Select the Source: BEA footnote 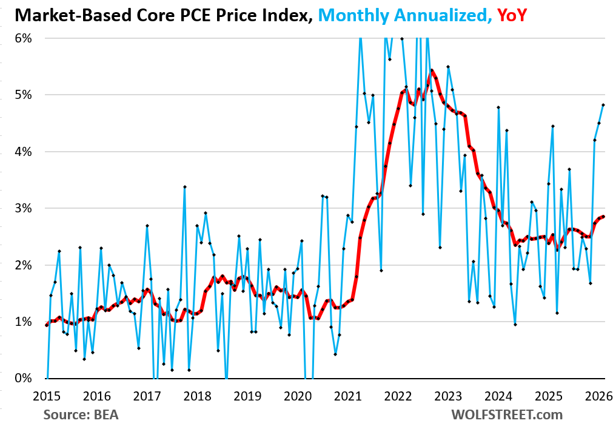pos(82,415)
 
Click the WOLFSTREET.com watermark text pos(506,415)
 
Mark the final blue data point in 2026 pos(603,104)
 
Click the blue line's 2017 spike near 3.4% pos(184,187)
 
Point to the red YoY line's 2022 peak pos(432,70)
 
